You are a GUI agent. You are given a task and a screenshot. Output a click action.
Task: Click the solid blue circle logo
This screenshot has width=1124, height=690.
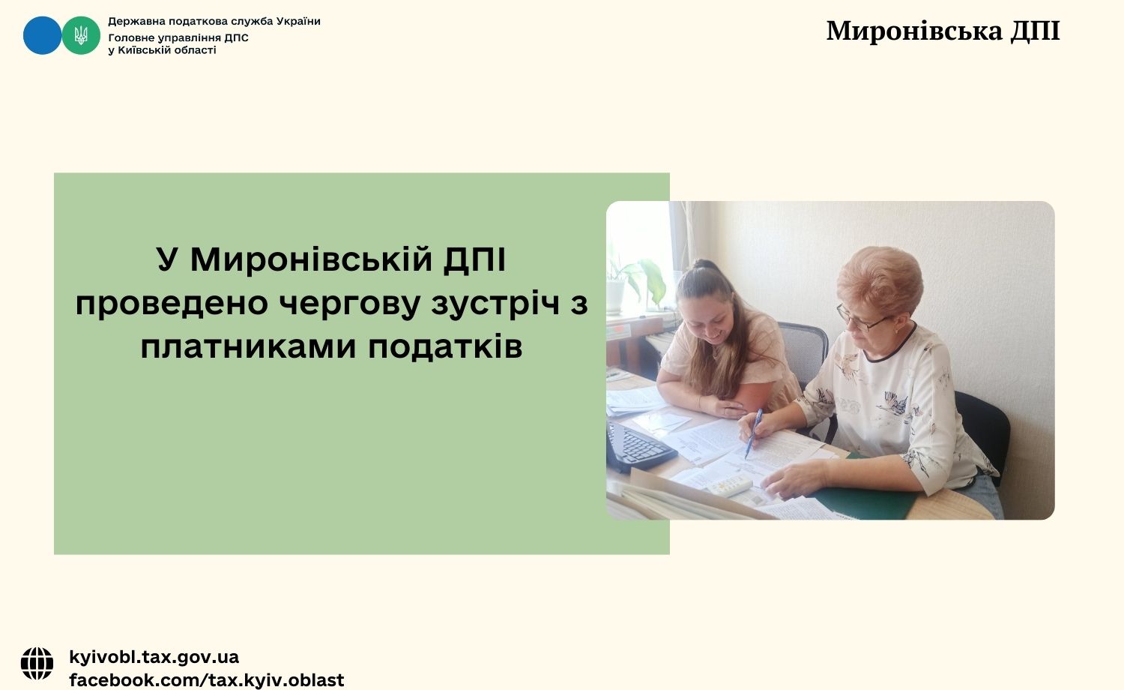click(x=42, y=35)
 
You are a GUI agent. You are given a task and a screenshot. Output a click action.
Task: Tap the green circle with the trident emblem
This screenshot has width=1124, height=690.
click(x=81, y=35)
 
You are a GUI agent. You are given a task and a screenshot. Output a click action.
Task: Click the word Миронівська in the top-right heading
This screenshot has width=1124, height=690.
click(x=914, y=31)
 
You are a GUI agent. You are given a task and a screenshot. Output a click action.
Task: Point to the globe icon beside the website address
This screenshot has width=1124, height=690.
click(x=37, y=664)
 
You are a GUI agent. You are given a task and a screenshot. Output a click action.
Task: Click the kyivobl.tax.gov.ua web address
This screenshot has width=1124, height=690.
click(x=154, y=657)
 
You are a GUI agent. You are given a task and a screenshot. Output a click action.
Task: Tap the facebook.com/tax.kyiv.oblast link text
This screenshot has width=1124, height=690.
click(x=207, y=680)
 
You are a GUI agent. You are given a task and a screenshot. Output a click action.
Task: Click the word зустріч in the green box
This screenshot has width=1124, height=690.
click(x=495, y=304)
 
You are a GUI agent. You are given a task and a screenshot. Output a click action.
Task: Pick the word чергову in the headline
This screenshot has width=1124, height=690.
click(x=348, y=304)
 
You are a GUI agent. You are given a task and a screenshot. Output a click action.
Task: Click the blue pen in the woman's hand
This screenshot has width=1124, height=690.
click(x=754, y=433)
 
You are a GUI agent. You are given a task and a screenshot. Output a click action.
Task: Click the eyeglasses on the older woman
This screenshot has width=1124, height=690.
click(x=860, y=319)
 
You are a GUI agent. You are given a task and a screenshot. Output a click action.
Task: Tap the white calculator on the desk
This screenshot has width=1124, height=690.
click(x=730, y=485)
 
